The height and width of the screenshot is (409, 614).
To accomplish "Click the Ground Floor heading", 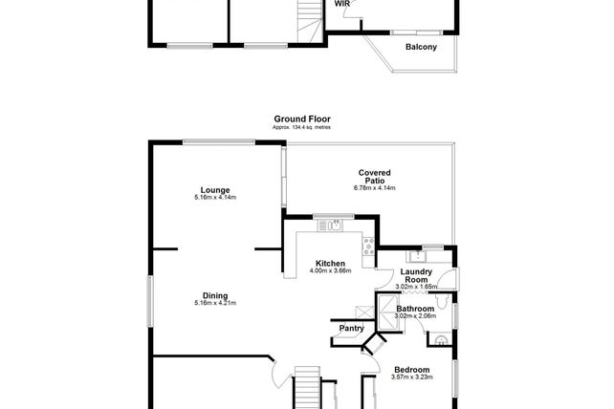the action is (x=302, y=119).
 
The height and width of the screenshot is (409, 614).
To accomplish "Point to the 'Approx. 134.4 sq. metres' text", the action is (x=301, y=128).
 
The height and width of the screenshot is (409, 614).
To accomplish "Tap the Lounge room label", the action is (x=215, y=190).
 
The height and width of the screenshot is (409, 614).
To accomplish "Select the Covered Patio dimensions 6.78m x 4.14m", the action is (x=374, y=188).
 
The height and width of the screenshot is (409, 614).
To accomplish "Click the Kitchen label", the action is (x=330, y=264).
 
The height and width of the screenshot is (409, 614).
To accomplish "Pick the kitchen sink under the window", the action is (x=330, y=226).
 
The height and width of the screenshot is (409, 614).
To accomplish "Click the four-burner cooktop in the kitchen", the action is (x=368, y=247).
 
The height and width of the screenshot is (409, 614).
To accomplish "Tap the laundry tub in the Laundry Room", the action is (x=417, y=256).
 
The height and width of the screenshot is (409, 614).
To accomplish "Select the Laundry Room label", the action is (x=416, y=275).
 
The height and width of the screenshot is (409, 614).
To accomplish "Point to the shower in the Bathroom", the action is (x=386, y=313).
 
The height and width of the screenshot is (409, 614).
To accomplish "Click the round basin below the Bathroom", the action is (x=441, y=340).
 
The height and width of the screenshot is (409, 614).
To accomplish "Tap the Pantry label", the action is (x=351, y=329).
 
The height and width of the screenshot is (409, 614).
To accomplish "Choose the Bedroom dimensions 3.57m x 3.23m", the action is (x=411, y=377).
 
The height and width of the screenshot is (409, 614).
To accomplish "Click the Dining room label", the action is (x=215, y=296).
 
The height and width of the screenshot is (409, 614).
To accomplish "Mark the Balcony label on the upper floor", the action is (x=421, y=47).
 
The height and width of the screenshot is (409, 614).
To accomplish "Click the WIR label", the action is (x=341, y=4).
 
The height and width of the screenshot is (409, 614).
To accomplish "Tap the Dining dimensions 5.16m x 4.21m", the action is (x=215, y=303).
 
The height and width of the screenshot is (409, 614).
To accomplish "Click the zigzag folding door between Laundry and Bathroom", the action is (x=414, y=292).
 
